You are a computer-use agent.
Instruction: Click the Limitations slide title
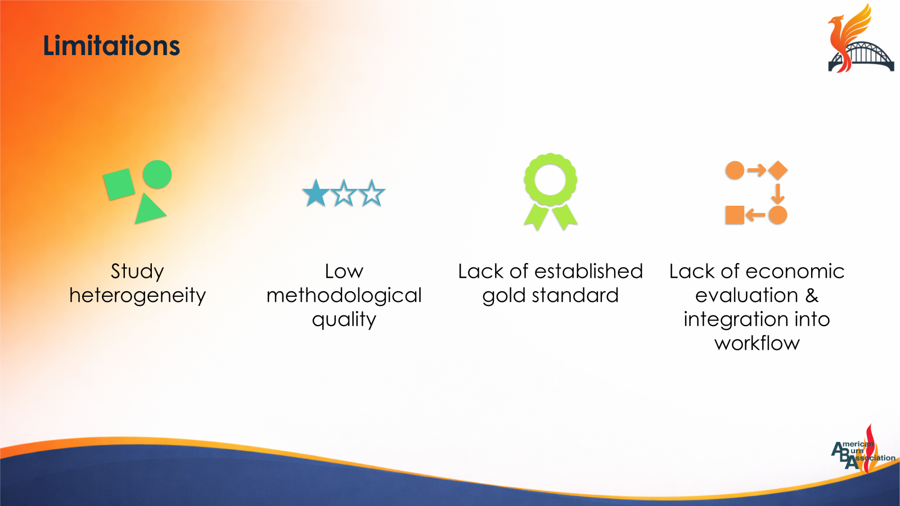[x=111, y=46]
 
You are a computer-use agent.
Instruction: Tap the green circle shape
[x=157, y=174]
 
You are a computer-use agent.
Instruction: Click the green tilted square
[x=119, y=184]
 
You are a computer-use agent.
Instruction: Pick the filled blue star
[x=316, y=193]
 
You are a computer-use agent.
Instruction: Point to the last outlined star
[x=372, y=193]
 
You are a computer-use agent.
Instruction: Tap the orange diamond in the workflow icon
[x=778, y=170]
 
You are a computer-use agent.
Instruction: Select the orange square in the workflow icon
[x=735, y=215]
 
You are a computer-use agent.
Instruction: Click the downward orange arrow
[x=778, y=194]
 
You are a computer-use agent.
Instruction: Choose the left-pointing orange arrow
[x=755, y=215]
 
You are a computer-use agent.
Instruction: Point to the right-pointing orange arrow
[x=757, y=170]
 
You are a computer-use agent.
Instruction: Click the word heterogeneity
[x=137, y=296]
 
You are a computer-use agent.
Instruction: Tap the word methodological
[x=344, y=296]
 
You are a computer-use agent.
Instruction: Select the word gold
[x=504, y=296]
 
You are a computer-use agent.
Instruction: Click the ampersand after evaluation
[x=812, y=295]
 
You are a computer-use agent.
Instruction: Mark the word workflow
[x=757, y=343]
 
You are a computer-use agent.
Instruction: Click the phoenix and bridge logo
[x=860, y=39]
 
